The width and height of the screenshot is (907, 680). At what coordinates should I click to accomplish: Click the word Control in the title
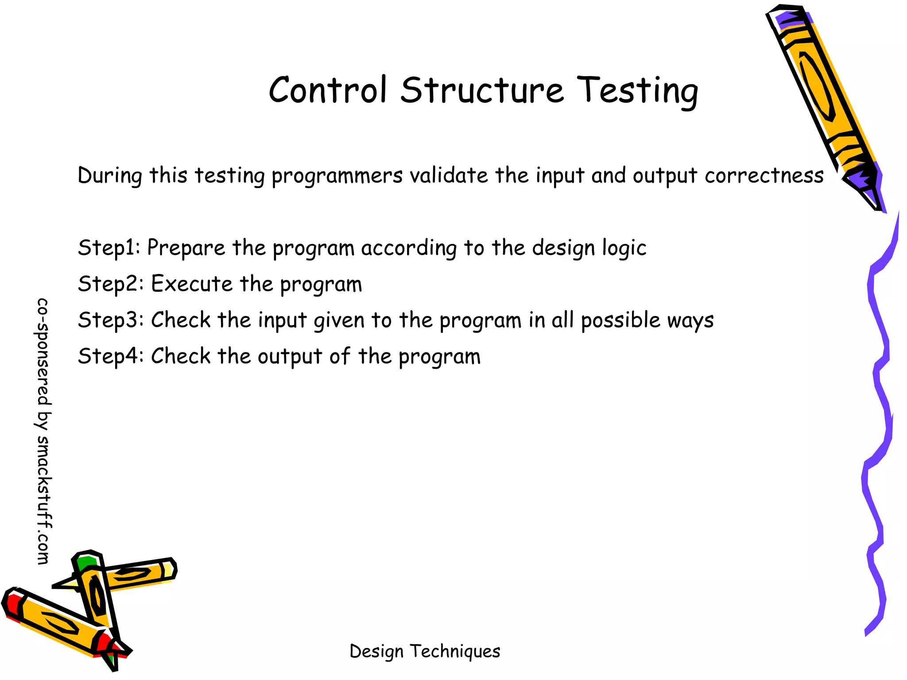[x=328, y=90]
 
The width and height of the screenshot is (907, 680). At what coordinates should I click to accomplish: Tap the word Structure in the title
[x=482, y=90]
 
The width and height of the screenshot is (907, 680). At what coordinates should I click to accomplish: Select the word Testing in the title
[x=638, y=91]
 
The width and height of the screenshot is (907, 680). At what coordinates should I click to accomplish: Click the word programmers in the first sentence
[x=337, y=176]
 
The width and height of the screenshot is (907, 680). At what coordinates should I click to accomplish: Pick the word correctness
[x=764, y=175]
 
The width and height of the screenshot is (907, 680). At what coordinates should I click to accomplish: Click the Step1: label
[x=109, y=248]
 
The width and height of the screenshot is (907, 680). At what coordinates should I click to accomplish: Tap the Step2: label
[x=111, y=284]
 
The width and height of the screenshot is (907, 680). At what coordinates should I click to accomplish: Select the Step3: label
[x=111, y=320]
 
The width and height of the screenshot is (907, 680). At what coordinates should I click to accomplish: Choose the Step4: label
[x=111, y=356]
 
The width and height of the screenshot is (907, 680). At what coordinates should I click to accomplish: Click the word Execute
[x=191, y=284]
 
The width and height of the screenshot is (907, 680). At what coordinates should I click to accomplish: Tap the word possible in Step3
[x=620, y=321]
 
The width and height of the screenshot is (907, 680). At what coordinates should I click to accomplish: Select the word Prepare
[x=186, y=248]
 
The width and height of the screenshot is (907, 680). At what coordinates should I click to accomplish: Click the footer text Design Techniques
[x=425, y=651]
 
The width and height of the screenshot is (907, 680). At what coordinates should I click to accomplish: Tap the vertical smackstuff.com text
[x=43, y=432]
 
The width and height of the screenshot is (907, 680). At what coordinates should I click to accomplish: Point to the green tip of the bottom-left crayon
[x=85, y=563]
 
